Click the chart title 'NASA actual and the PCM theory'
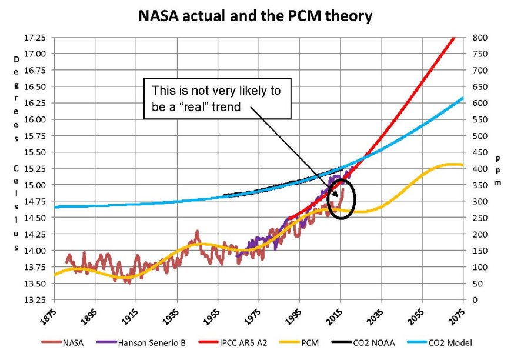[255, 16]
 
